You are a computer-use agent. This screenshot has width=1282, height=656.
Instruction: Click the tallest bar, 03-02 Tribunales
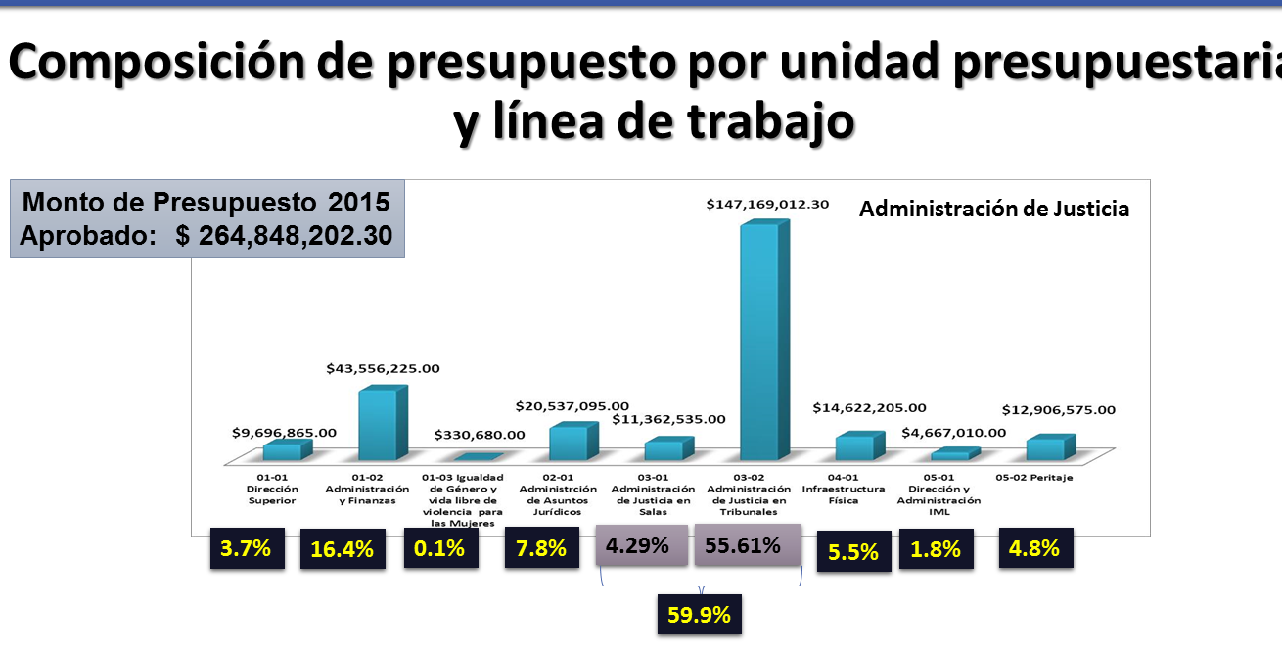760,343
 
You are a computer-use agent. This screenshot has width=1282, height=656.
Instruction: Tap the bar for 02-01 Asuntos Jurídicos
569,443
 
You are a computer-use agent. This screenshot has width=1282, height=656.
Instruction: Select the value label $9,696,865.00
285,431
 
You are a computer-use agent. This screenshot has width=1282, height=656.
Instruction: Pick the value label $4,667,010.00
954,432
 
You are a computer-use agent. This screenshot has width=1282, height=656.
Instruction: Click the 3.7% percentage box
247,548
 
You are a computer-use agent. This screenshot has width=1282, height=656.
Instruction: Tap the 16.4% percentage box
342,549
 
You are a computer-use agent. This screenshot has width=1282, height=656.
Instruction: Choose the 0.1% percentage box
440,548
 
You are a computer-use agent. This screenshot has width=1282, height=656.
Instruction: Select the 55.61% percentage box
748,545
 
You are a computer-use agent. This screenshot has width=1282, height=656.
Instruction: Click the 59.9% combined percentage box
700,615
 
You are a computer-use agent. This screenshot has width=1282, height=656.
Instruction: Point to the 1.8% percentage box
937,549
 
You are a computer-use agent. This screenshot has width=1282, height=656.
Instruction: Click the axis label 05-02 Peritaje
1034,477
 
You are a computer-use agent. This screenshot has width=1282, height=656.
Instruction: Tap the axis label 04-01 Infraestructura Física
843,489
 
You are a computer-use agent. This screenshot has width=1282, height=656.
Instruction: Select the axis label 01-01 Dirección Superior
271,489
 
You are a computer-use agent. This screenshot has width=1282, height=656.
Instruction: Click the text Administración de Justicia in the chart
994,209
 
